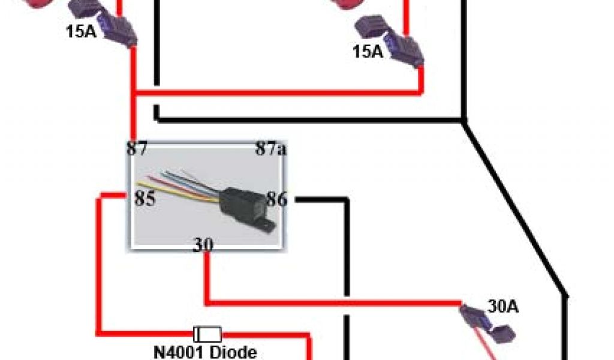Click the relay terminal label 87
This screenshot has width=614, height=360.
(136, 149)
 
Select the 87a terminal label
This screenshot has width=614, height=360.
(270, 149)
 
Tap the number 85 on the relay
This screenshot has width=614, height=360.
(145, 198)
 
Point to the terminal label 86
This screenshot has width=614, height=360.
(276, 199)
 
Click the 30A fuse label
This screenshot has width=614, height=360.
(503, 307)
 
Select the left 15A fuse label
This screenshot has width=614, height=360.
(82, 30)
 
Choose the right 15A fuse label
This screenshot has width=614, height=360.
(368, 52)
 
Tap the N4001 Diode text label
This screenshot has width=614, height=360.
(205, 352)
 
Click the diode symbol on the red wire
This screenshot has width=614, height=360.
(207, 333)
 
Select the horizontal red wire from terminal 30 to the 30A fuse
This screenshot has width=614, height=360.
(336, 302)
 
